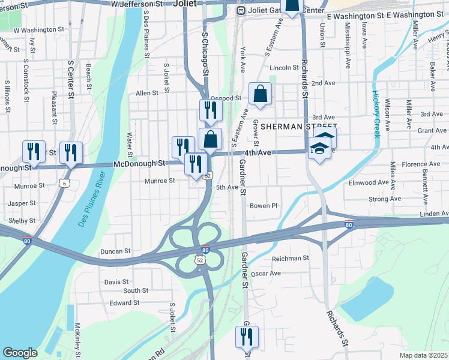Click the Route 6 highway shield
click(x=65, y=182)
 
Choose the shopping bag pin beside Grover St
click(x=260, y=94)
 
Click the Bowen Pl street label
click(x=264, y=206)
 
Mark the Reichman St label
click(x=291, y=257)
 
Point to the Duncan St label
click(x=115, y=251)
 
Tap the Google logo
click(x=20, y=353)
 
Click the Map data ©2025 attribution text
click(x=423, y=355)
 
